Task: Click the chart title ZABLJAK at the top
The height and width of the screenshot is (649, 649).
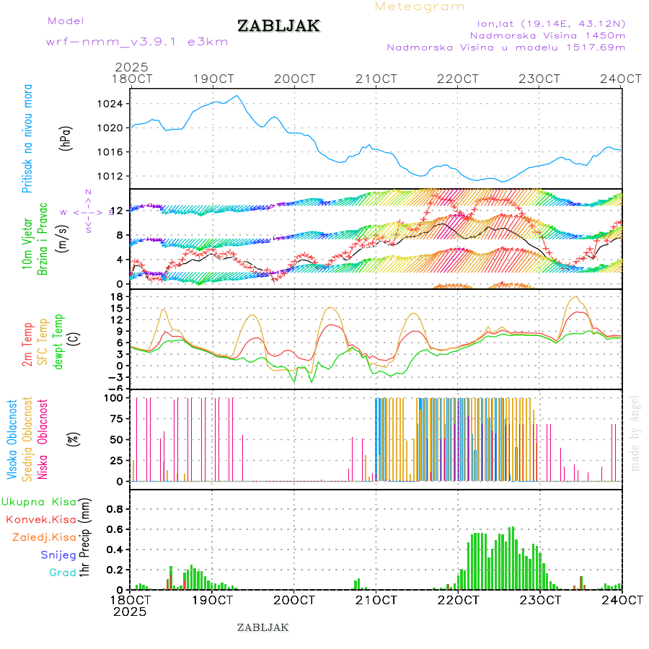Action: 278,26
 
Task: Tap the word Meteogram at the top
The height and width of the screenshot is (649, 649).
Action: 420,6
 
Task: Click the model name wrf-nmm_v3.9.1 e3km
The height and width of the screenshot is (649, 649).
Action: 137,41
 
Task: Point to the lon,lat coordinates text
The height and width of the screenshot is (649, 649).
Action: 546,23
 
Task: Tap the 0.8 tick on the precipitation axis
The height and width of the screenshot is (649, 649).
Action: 114,508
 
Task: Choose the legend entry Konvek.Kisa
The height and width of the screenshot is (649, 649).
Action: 40,519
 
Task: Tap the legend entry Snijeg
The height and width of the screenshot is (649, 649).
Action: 58,555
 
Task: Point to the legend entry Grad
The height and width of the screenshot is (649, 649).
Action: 63,573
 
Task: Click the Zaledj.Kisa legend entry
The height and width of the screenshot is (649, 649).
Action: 44,537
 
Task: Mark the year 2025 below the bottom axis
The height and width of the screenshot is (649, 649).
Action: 131,612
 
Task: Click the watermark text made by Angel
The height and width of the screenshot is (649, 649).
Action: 635,433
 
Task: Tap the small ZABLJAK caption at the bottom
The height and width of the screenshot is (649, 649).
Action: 262,627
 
